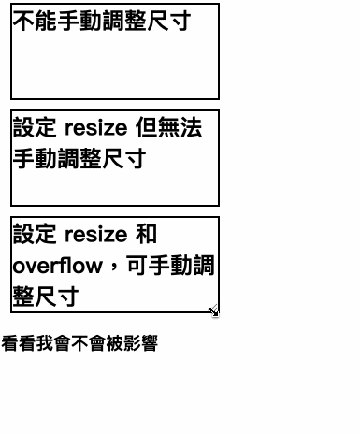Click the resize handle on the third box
214,311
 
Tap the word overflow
57,266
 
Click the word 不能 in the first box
34,22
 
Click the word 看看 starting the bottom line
16,343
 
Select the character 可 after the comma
137,266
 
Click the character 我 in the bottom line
40,343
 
